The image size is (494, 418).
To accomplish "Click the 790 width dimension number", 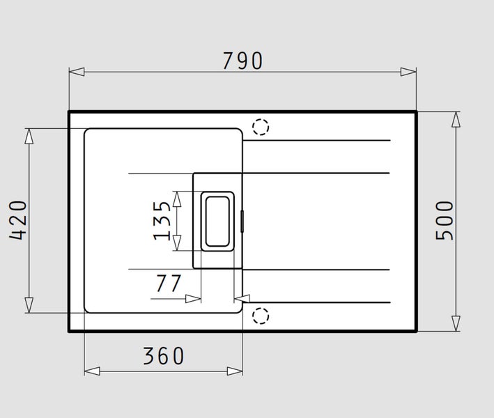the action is (x=242, y=61).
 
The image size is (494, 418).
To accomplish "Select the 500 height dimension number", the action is (x=445, y=221).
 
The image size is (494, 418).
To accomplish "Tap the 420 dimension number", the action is (x=18, y=220).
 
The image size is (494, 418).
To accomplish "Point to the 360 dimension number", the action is (x=164, y=356).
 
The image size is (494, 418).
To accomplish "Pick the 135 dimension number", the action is (x=162, y=221).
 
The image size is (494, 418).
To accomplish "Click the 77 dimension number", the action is (x=169, y=283).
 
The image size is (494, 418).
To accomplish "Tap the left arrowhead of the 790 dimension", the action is (x=77, y=72).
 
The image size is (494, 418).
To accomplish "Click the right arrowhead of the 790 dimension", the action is (x=408, y=72).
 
